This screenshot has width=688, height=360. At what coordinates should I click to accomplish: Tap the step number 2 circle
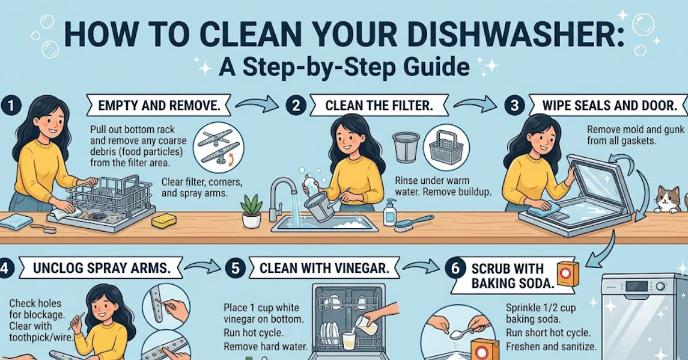tap(296, 106)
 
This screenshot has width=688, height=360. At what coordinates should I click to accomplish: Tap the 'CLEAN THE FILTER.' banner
tap(379, 106)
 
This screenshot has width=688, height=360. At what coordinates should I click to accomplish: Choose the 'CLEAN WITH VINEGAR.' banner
tap(320, 268)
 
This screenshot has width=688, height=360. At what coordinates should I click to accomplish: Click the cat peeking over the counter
tap(667, 199)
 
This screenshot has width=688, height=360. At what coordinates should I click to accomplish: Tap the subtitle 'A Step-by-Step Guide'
tap(344, 67)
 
